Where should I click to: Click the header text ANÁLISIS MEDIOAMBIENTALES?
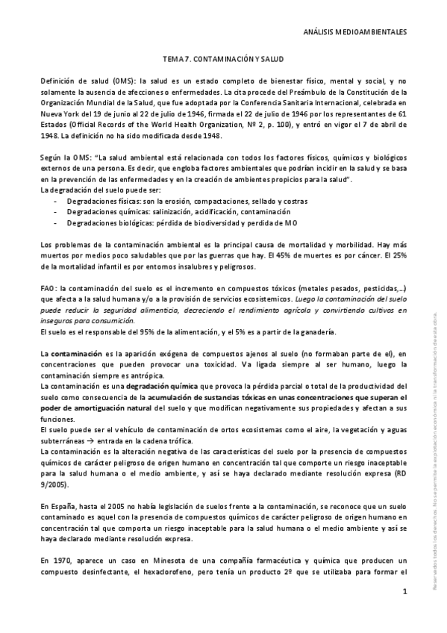[357, 33]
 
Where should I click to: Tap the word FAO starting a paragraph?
[48, 287]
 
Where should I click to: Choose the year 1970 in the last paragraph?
[60, 560]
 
